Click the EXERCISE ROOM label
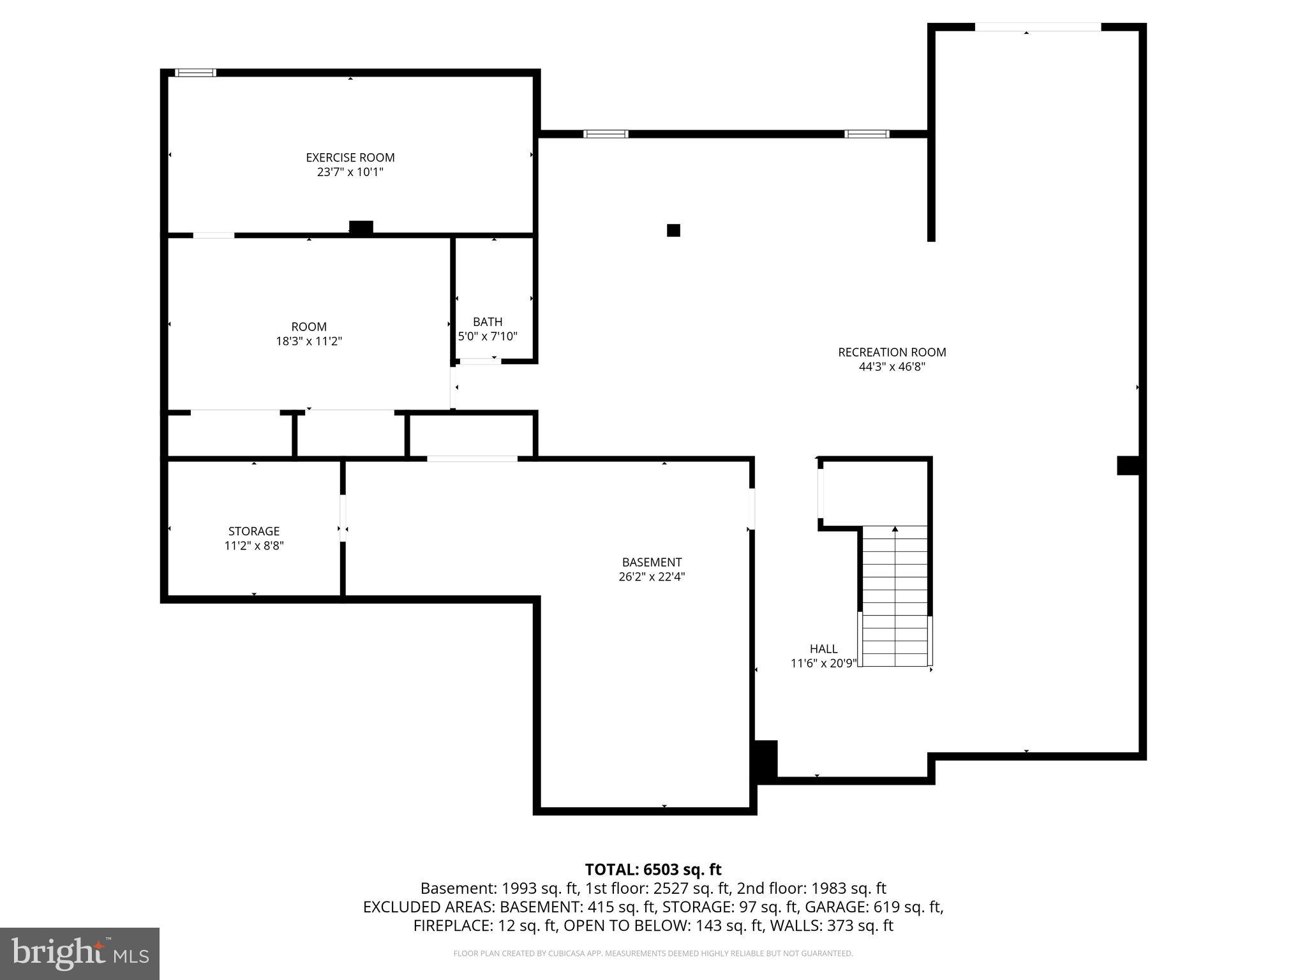350,158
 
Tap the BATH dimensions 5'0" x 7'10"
488,336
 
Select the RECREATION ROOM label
892,352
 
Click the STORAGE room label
254,531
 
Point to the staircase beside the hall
895,596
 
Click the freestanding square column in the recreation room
673,230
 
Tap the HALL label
823,649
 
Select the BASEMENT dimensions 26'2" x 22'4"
652,577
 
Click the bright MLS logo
80,953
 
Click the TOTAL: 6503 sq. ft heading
653,870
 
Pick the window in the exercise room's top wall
195,73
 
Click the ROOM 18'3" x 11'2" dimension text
309,341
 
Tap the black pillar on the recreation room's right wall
1128,465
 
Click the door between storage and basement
343,518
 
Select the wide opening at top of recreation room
1038,27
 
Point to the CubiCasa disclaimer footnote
653,954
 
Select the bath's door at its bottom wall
480,361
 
